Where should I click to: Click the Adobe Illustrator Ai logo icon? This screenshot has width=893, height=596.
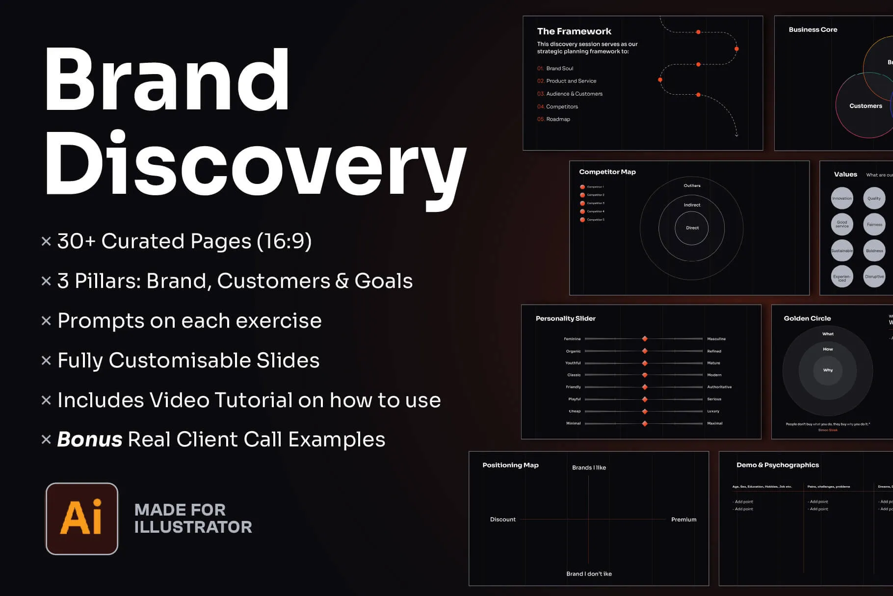coord(82,518)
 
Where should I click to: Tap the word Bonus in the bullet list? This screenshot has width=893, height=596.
coord(90,440)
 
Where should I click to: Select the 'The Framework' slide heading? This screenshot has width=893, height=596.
coord(574,31)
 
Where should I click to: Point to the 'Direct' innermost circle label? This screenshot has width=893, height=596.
coord(692,228)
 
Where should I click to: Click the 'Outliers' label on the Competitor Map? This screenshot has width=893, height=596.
coord(692,185)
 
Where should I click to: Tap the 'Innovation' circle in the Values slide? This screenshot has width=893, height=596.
coord(842,198)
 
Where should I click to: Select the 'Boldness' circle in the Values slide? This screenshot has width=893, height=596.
coord(874,251)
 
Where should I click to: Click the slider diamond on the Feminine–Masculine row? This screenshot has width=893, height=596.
coord(645,339)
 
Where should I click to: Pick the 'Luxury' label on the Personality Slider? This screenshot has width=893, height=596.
coord(713,411)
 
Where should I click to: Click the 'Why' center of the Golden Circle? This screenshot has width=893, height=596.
coord(828,370)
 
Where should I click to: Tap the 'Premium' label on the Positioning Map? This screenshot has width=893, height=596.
coord(683,519)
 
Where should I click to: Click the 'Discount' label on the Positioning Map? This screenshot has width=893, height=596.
coord(503,519)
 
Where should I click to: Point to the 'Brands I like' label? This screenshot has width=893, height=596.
coord(589,467)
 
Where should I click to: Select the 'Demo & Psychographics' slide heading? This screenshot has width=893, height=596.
coord(778,465)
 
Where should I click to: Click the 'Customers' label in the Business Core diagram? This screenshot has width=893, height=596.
coord(866,106)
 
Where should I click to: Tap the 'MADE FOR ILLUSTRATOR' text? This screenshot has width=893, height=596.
coord(193,518)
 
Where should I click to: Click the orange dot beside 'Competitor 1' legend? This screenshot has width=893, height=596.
coord(582,187)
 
